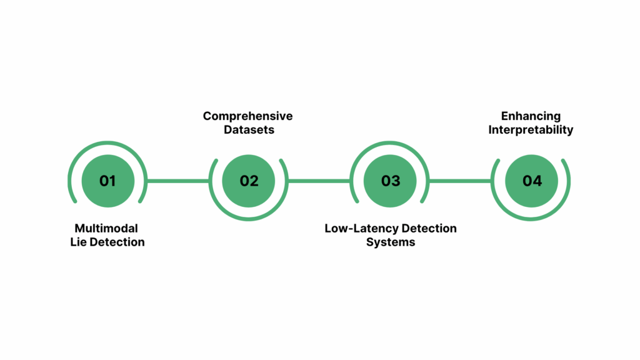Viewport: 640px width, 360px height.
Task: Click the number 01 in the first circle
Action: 107,181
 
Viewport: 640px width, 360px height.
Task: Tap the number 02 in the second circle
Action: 249,181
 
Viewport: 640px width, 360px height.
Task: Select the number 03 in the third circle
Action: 391,181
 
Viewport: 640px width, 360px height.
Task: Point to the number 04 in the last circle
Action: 532,181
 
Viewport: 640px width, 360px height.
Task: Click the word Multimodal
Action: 106,228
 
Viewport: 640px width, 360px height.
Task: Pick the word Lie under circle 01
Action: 79,242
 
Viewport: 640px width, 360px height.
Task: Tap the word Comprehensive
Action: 247,116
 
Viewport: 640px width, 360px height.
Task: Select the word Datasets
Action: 247,130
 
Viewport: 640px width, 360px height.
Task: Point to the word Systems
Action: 391,242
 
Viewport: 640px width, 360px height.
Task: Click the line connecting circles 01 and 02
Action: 178,181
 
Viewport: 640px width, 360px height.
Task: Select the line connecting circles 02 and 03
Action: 319,181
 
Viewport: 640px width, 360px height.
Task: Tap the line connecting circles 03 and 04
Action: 461,181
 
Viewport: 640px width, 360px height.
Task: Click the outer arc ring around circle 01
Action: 107,143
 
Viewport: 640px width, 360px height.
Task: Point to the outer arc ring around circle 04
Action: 532,219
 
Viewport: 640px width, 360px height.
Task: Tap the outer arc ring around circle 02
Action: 249,219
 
